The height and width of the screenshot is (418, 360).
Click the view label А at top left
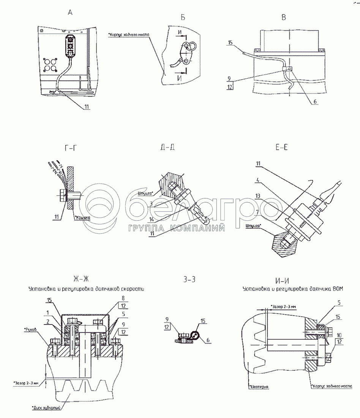pos(69,13)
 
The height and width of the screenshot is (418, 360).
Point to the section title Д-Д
pos(167,148)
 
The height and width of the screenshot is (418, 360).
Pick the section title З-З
pos(189,280)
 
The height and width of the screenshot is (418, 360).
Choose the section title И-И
pos(281,281)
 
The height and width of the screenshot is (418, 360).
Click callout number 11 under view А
pos(87,107)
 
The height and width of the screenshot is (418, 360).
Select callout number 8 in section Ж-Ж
pos(123,299)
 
